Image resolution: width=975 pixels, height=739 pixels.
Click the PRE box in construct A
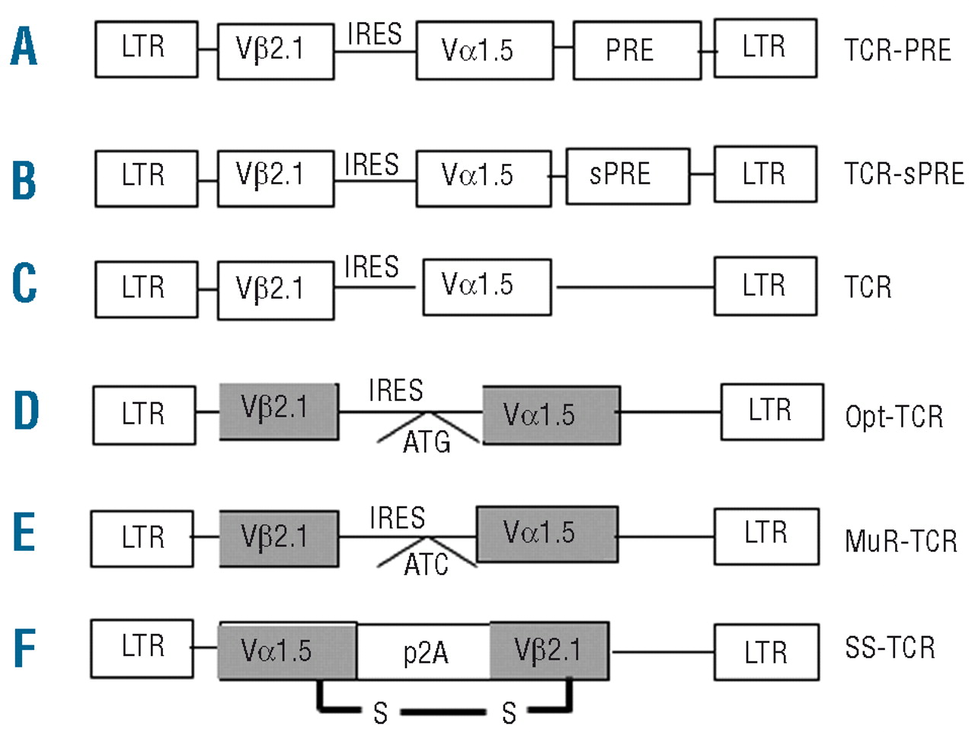(x=637, y=50)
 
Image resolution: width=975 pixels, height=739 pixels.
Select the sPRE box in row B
(x=628, y=175)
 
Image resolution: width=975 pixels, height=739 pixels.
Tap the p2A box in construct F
(x=424, y=652)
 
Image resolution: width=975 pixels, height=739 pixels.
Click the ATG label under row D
(x=427, y=442)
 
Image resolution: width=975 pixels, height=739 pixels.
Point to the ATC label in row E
(x=427, y=565)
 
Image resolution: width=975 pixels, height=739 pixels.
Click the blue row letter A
(x=24, y=46)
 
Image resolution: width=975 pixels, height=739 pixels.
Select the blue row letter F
(x=24, y=648)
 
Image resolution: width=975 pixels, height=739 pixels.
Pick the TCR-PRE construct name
(x=897, y=50)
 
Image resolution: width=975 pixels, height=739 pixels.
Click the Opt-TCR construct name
(x=893, y=417)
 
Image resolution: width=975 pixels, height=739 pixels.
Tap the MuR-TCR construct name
(x=900, y=541)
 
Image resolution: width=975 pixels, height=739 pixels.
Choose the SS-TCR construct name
(x=889, y=648)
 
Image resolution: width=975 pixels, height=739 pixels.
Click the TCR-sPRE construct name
(x=903, y=174)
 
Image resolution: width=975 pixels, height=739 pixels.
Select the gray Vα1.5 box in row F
(x=287, y=651)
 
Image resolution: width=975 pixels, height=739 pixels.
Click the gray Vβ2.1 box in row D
(x=279, y=411)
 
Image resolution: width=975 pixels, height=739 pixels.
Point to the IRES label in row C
(x=372, y=267)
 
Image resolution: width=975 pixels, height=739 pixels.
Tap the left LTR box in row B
(x=146, y=178)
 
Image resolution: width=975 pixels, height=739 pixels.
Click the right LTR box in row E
(x=766, y=536)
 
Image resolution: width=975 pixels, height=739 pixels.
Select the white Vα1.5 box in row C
(x=487, y=286)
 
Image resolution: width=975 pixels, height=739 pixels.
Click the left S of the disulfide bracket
(x=380, y=713)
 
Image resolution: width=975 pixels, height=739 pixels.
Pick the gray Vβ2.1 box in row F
(x=548, y=651)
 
